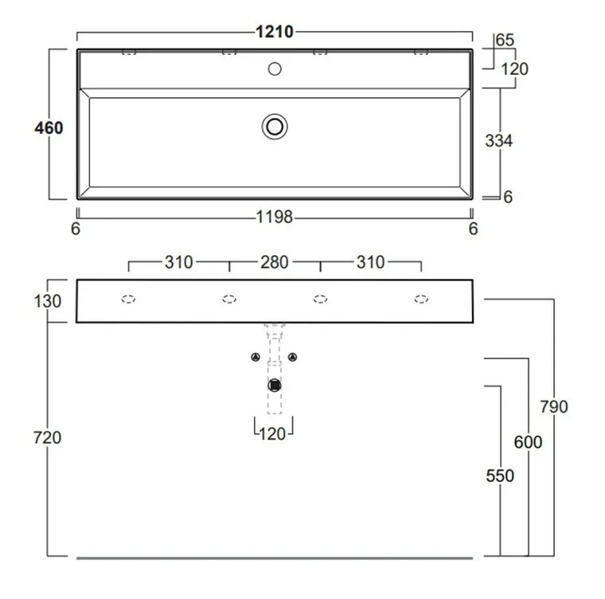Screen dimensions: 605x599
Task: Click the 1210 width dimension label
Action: pyautogui.click(x=275, y=32)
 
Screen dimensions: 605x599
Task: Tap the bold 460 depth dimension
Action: pyautogui.click(x=49, y=127)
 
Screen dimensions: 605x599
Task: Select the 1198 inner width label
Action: pyautogui.click(x=275, y=217)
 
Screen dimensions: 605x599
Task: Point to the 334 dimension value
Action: pyautogui.click(x=499, y=140)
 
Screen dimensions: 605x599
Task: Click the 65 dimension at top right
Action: pyautogui.click(x=505, y=40)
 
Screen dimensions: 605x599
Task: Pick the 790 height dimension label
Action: pyautogui.click(x=554, y=407)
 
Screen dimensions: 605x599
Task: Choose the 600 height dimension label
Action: pyautogui.click(x=529, y=442)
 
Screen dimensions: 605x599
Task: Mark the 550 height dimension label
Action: pyautogui.click(x=500, y=476)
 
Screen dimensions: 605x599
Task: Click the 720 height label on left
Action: pyautogui.click(x=47, y=437)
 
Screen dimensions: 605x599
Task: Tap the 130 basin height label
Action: pyautogui.click(x=48, y=301)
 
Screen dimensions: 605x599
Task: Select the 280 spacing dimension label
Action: pyautogui.click(x=275, y=263)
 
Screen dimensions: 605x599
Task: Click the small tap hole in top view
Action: pyautogui.click(x=275, y=69)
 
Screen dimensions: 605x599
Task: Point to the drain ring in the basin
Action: pyautogui.click(x=275, y=127)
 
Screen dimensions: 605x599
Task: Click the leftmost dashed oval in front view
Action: pyautogui.click(x=128, y=299)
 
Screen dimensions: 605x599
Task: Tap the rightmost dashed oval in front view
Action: pyautogui.click(x=421, y=299)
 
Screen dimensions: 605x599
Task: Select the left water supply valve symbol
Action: pyautogui.click(x=256, y=357)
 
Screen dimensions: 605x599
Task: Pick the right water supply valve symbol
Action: pyautogui.click(x=293, y=357)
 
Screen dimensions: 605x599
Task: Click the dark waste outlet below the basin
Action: pyautogui.click(x=275, y=386)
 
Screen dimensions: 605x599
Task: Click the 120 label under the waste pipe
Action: pyautogui.click(x=272, y=434)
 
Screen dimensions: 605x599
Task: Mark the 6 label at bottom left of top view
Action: pyautogui.click(x=76, y=229)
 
